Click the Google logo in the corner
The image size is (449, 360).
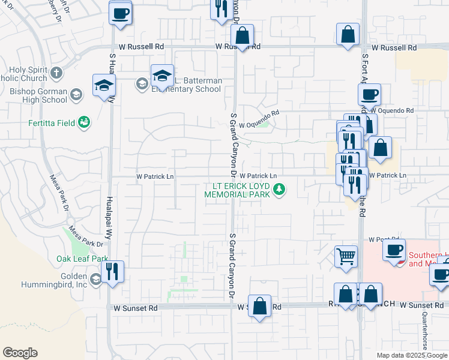coord(20,353)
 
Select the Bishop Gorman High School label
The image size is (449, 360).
coord(36,95)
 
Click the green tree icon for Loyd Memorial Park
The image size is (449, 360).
coord(279,190)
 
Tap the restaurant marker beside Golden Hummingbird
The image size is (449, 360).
coord(112,271)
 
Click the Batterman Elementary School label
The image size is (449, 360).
coord(187,85)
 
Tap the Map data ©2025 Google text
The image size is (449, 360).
coord(412,355)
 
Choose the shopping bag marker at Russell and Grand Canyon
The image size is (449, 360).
coord(242,35)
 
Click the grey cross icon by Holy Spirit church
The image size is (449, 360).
coord(56,73)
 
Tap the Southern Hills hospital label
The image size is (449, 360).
coord(428,259)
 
